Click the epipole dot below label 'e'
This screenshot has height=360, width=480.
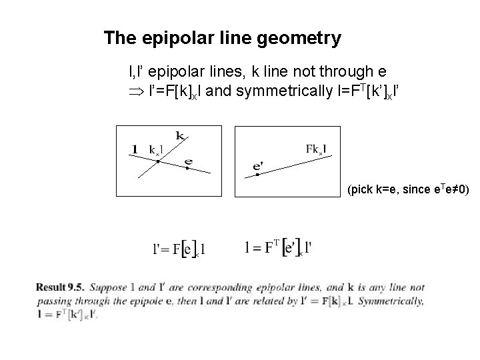coord(188,169)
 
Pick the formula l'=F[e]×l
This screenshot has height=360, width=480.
coord(179,249)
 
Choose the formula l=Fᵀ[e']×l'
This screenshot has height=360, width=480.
coord(279,248)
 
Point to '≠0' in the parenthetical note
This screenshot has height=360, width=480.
coord(457,191)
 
